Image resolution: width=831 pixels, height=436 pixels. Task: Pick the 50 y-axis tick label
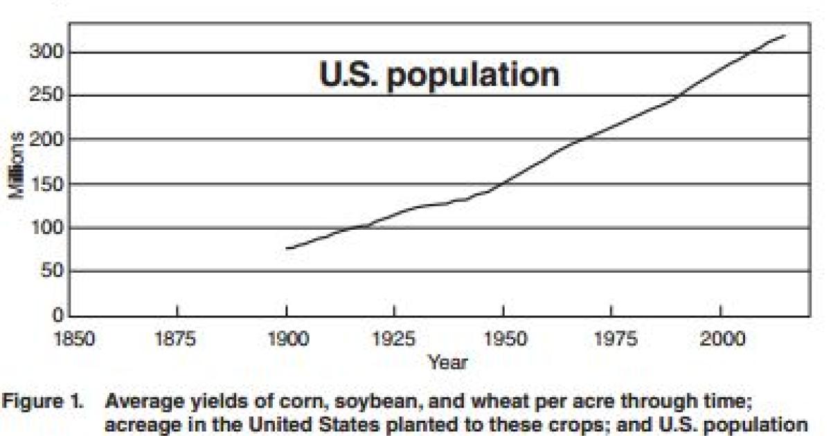tap(52, 271)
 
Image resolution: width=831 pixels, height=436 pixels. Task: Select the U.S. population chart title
tap(439, 75)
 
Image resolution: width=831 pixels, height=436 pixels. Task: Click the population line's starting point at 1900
tap(287, 248)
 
